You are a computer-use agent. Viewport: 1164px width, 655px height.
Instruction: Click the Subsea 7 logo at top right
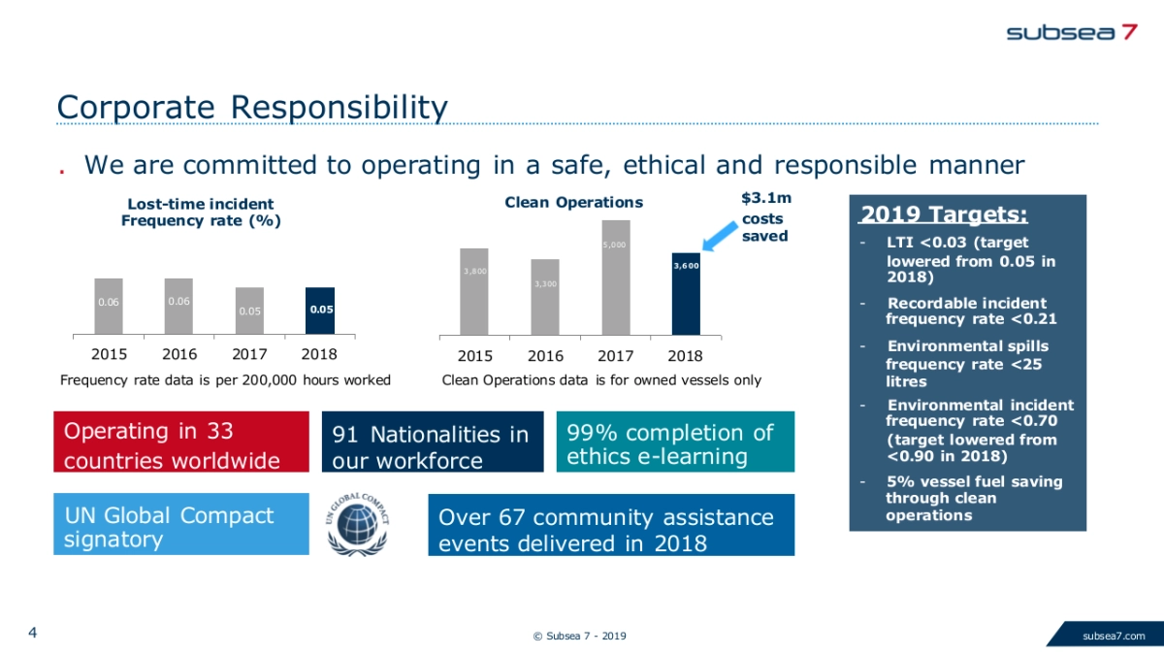(x=1072, y=31)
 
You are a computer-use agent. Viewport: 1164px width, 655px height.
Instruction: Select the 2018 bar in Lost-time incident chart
(x=319, y=311)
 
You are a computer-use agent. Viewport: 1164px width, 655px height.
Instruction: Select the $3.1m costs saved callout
(x=766, y=217)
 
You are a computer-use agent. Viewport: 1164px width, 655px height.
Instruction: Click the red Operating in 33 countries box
(x=180, y=442)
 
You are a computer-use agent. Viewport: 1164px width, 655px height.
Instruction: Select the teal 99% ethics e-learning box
(x=674, y=442)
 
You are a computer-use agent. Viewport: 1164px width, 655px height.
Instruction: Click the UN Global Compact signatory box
(x=180, y=525)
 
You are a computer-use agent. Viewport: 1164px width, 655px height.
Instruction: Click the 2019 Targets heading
(x=944, y=213)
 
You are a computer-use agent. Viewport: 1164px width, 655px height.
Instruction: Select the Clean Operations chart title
(x=573, y=202)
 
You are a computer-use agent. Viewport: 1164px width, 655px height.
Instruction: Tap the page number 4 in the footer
(x=33, y=634)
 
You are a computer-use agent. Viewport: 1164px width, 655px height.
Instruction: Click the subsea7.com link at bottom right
(x=1114, y=637)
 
